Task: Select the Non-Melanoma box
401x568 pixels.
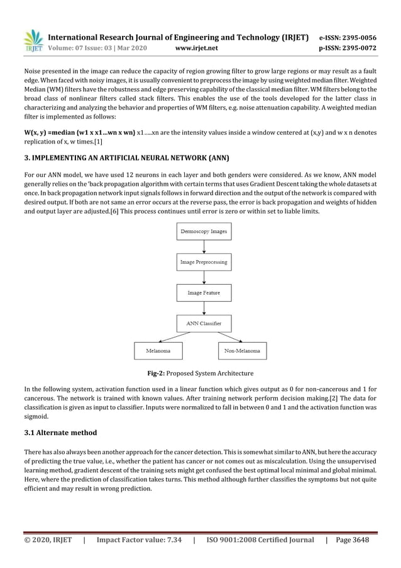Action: [x=241, y=351]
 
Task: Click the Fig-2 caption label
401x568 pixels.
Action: [x=158, y=373]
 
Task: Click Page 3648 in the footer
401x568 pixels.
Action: [x=351, y=540]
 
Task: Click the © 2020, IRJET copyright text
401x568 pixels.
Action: [x=48, y=540]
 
